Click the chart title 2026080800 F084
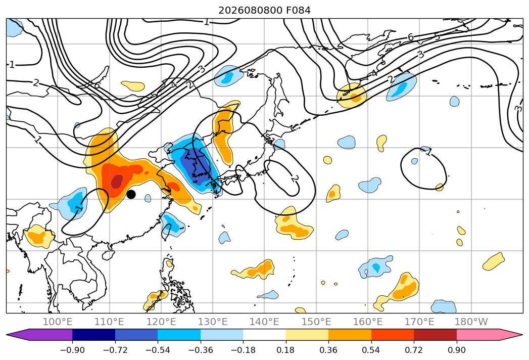(x=264, y=11)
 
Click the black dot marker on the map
(x=131, y=194)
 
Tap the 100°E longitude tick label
(x=58, y=322)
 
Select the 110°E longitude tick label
(x=109, y=322)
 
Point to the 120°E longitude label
(x=161, y=322)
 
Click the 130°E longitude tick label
(x=213, y=322)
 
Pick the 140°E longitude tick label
(x=264, y=322)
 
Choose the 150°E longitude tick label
(x=316, y=322)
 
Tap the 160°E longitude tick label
(x=368, y=322)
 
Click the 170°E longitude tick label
(x=419, y=322)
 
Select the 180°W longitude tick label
(x=471, y=322)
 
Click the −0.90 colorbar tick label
(x=72, y=350)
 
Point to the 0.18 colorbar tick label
(x=286, y=350)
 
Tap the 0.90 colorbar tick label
(x=456, y=350)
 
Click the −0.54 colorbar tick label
(x=158, y=350)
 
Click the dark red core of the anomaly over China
(x=117, y=182)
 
